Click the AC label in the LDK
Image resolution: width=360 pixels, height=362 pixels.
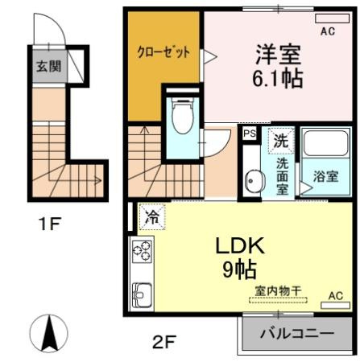tap(336, 295)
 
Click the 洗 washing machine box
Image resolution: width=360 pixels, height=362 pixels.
tap(281, 138)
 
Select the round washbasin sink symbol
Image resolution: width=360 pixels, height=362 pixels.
tap(253, 181)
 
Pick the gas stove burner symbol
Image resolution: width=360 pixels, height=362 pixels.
tap(142, 253)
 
